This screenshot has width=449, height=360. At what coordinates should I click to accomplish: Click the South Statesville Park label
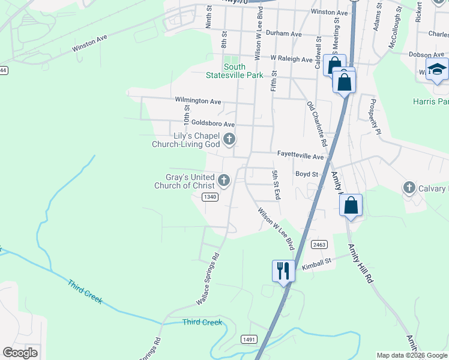pos(243,71)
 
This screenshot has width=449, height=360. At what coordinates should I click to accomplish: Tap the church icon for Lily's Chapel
pos(229,140)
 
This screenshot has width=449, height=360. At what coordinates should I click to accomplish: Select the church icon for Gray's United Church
pos(224,180)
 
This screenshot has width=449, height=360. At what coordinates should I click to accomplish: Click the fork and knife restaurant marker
pos(282,271)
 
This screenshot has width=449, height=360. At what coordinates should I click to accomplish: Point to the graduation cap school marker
pos(437,69)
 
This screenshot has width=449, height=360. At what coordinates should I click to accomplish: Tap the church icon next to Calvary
pos(409,188)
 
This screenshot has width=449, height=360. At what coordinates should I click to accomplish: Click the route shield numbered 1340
pos(209,197)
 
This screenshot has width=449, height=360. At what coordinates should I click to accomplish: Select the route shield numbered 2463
pos(319,244)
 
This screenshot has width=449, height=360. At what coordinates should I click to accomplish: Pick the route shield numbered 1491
pos(250,340)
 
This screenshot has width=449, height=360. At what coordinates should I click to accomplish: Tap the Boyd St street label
pos(306,174)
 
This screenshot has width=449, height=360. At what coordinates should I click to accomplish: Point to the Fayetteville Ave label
pos(300,154)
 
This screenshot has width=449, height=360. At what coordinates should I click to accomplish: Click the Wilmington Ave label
pos(198,100)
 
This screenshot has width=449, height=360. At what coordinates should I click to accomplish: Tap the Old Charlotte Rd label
pos(316,124)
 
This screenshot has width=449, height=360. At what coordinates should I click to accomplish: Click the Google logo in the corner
pos(20,352)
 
